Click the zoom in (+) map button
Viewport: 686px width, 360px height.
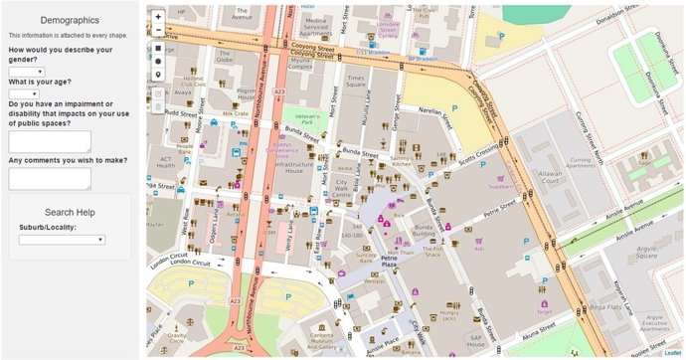(x=158, y=17)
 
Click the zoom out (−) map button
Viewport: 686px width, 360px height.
(x=158, y=31)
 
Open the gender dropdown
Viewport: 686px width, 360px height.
(x=27, y=72)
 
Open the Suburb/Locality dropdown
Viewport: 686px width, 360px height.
(x=62, y=240)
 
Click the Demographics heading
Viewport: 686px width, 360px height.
(x=69, y=20)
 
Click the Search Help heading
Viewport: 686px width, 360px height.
(x=70, y=212)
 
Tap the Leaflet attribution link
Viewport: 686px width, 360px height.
(x=672, y=352)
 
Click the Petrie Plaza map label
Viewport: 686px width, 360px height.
(x=390, y=263)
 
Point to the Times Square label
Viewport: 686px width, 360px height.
(x=355, y=81)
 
